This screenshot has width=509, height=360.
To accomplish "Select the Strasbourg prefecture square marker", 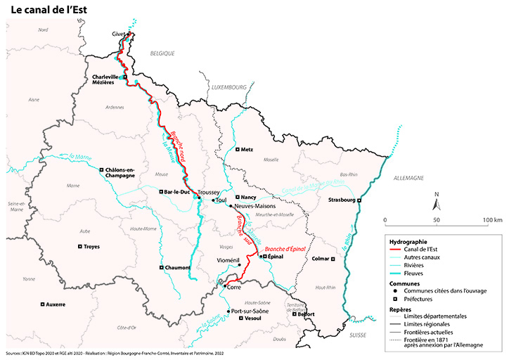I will click(x=359, y=201).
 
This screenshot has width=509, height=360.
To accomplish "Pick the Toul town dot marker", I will click(x=214, y=200).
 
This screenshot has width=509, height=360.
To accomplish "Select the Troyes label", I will click(x=91, y=247).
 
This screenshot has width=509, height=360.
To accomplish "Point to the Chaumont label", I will click(x=180, y=268).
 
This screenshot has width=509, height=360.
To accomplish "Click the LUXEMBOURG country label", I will click(x=229, y=86).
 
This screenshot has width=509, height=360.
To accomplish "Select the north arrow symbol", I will click(x=437, y=203).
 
